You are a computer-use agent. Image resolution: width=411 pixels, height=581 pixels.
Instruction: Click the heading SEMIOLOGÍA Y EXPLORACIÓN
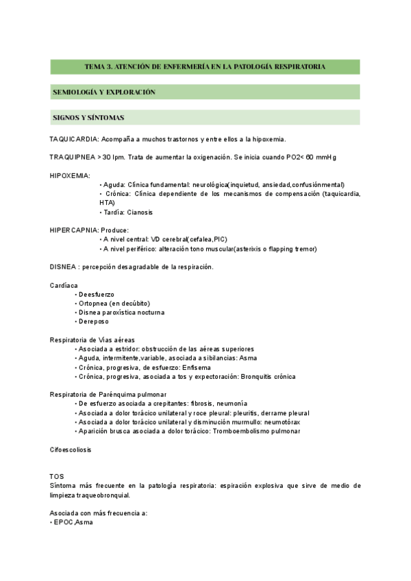tap(104, 92)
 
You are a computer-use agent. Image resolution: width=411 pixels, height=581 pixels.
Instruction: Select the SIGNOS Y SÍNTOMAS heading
tap(88, 118)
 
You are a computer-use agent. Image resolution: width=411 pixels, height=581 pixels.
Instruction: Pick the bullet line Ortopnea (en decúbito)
tap(114, 304)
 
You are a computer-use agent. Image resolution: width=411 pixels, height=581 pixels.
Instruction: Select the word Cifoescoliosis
tap(71, 450)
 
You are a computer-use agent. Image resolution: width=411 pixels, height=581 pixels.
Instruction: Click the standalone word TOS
tap(57, 476)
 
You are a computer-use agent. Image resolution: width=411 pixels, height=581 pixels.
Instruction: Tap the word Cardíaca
tap(64, 285)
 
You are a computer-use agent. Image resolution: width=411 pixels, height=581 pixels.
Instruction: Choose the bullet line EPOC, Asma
tap(73, 522)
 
